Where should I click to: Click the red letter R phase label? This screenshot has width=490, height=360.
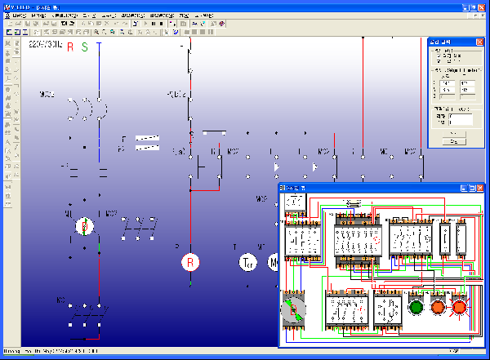(x=70, y=47)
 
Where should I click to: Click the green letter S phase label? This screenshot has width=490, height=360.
(x=84, y=47)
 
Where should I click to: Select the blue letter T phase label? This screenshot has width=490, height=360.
(x=99, y=47)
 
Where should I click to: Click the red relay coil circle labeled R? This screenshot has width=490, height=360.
(x=189, y=262)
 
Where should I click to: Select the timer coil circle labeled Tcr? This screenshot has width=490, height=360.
(x=247, y=262)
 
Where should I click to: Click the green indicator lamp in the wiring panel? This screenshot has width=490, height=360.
(x=416, y=308)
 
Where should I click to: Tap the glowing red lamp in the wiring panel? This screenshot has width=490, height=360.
(x=459, y=308)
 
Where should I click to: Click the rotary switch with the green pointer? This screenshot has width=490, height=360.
(x=292, y=309)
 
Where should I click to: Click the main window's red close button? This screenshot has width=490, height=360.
(x=481, y=6)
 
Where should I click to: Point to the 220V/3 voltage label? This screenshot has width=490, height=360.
(x=44, y=46)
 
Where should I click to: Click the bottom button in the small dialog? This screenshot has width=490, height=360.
(x=453, y=141)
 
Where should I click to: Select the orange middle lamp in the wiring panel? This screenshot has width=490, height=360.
(x=438, y=308)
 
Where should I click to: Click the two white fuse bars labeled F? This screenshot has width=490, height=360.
(x=147, y=143)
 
